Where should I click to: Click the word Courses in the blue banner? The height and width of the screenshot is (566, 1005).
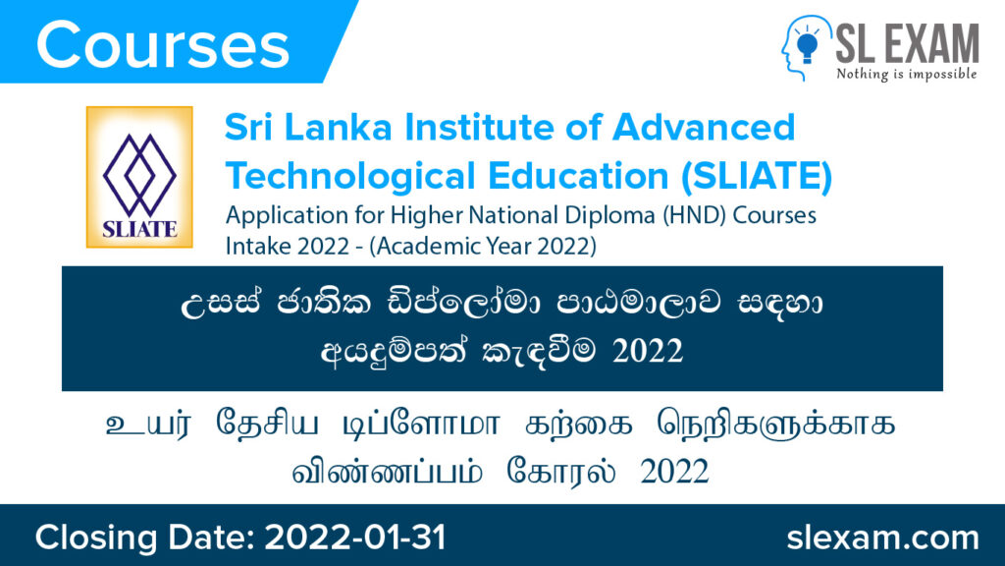(163, 44)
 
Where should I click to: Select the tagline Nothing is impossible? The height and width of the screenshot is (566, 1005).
(906, 74)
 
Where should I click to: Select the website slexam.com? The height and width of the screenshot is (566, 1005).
(883, 538)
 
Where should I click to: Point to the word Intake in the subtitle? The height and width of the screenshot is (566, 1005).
(252, 247)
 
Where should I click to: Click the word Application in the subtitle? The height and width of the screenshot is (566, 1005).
(274, 214)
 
